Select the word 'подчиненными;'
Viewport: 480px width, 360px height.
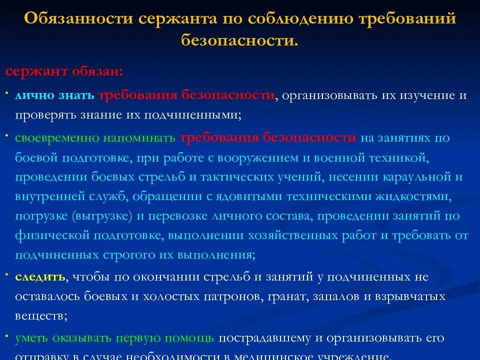[x=192, y=114]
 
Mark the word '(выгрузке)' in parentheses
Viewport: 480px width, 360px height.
[x=95, y=216]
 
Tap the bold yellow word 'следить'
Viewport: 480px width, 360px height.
[x=40, y=276]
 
